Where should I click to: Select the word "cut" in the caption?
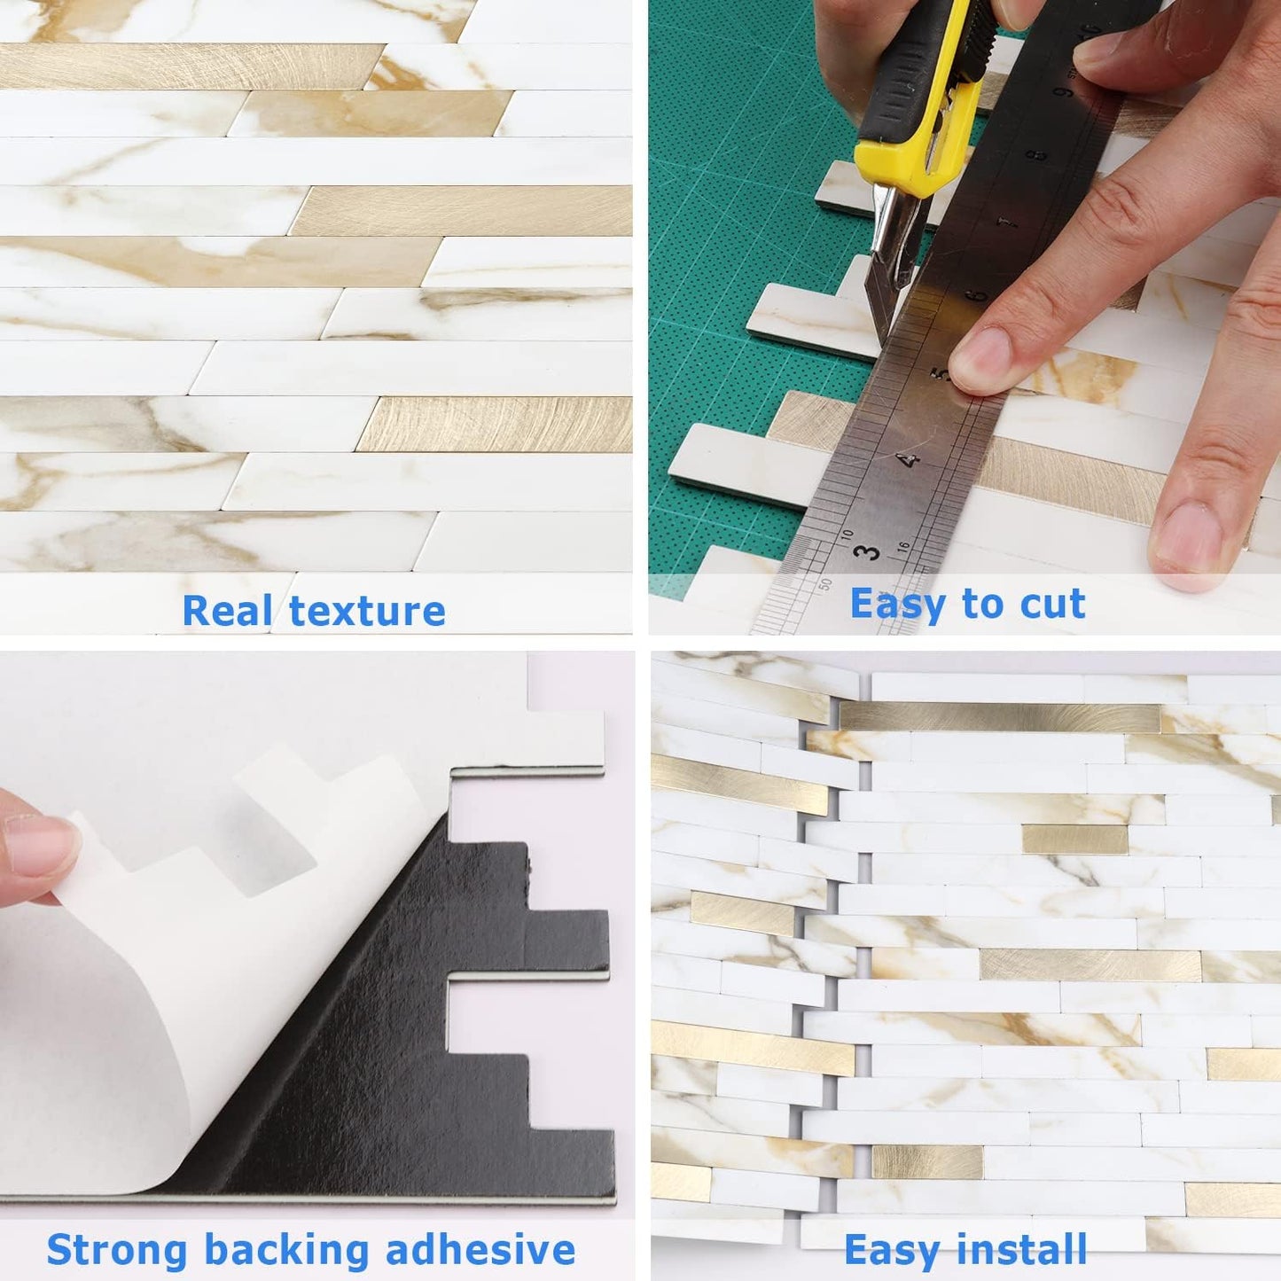(1052, 605)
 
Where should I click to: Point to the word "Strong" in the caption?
(117, 1250)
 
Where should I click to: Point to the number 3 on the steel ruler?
(867, 551)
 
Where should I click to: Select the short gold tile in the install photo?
(1074, 839)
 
